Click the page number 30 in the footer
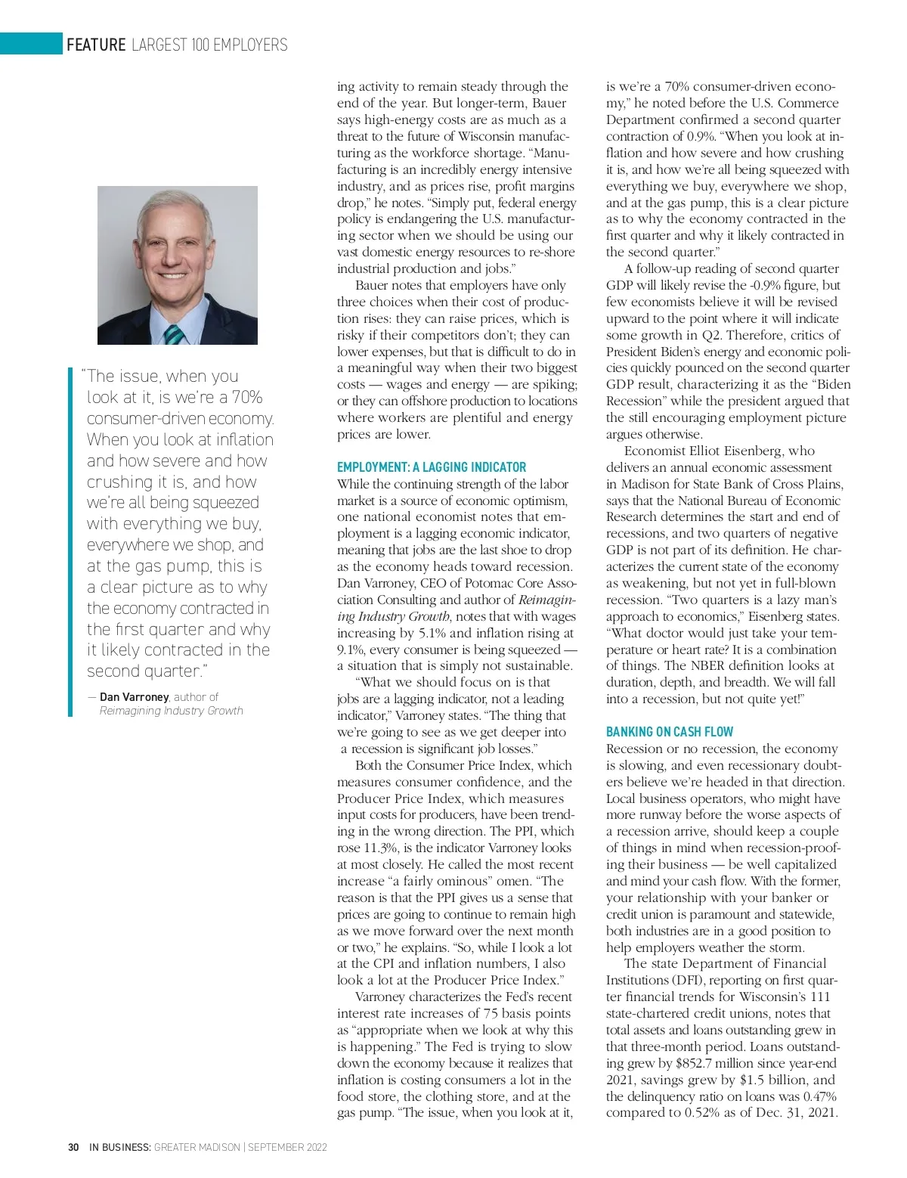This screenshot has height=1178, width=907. [73, 1147]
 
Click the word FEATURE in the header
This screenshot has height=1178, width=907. [96, 45]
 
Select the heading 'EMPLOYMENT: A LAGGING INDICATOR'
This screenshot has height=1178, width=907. [431, 467]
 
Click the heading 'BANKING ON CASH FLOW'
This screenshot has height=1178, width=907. [669, 732]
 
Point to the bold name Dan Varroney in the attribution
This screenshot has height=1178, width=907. [134, 697]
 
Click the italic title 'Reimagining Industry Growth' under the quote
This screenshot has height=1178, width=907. [171, 711]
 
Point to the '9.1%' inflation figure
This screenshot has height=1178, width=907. [351, 649]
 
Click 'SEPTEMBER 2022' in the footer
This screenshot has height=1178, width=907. [287, 1147]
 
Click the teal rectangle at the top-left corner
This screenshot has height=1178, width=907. [31, 44]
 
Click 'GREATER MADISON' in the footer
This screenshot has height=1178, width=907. [197, 1147]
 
